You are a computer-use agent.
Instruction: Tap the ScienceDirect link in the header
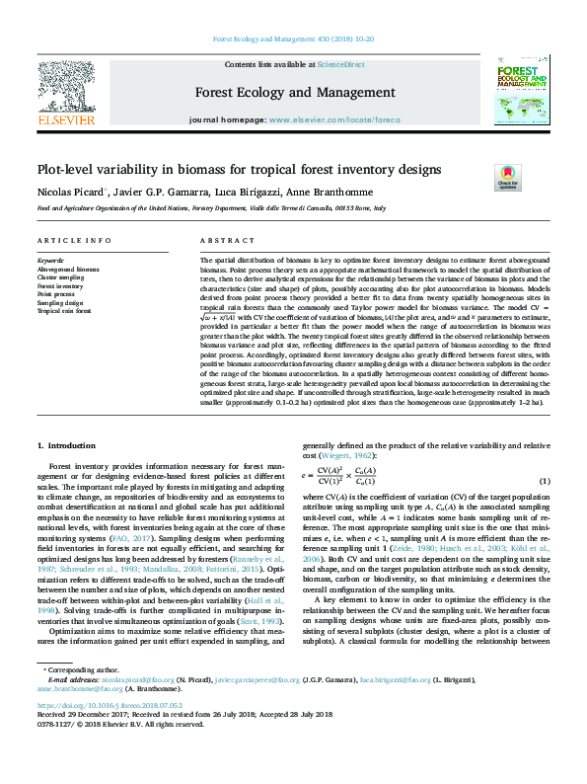(x=340, y=64)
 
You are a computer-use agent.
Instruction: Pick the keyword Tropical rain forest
(x=63, y=310)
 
